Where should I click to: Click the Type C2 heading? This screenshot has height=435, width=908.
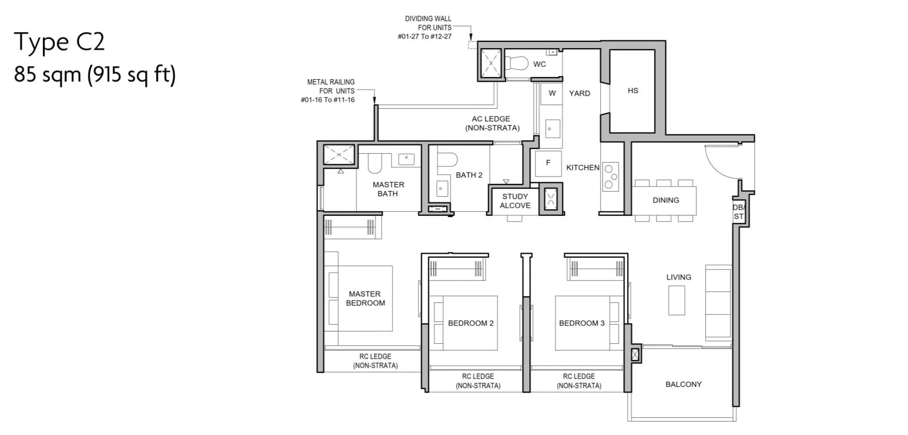[59, 42]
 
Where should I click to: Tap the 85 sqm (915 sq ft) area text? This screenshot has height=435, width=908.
[95, 75]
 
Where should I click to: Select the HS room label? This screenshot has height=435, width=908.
[633, 91]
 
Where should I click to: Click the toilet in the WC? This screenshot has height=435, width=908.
[516, 63]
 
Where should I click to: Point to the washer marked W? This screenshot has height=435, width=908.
[552, 94]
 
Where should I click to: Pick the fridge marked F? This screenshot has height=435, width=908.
[548, 163]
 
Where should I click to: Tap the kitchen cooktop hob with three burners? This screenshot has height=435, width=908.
[611, 177]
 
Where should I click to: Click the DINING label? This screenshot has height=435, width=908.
[666, 200]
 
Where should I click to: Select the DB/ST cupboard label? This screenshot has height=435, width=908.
[738, 212]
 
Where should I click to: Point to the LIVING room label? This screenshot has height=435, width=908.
[678, 278]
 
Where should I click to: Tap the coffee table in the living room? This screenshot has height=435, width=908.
[677, 300]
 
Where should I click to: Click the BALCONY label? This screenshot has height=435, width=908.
[683, 384]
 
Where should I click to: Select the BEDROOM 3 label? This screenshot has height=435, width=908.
[582, 323]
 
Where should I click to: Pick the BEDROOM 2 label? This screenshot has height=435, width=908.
[471, 323]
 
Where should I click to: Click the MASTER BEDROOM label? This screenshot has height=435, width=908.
[365, 298]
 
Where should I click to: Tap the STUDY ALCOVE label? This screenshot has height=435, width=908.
[515, 201]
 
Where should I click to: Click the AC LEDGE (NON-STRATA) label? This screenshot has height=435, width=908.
[492, 123]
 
